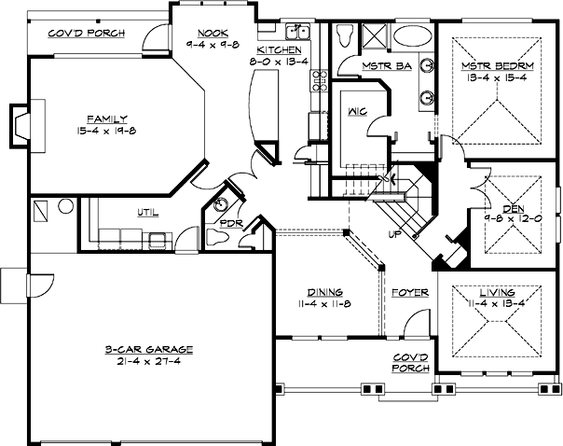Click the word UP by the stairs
pos(394,233)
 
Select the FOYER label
pos(410,293)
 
